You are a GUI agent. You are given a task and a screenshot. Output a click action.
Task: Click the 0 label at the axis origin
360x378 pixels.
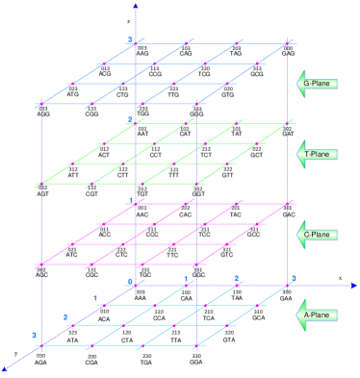tap(129, 280)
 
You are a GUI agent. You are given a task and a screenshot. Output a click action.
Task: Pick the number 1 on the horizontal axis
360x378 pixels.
tap(186, 279)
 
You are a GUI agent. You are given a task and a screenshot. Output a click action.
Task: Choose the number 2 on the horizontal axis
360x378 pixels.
tap(236, 279)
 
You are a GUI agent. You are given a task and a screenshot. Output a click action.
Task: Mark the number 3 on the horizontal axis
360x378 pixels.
tap(294, 279)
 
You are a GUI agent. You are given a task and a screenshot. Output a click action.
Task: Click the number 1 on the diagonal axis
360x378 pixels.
tap(96, 298)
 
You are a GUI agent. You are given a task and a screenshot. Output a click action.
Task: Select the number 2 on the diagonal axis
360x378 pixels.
tap(65, 316)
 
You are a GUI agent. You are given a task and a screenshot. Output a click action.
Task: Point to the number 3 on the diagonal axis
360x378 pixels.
tap(34, 335)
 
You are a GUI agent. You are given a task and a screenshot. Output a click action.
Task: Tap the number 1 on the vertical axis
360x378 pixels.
tap(130, 200)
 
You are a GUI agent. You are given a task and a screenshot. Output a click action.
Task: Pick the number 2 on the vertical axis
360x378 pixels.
tap(130, 119)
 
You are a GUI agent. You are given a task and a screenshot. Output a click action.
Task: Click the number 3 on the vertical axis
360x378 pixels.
tap(129, 38)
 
